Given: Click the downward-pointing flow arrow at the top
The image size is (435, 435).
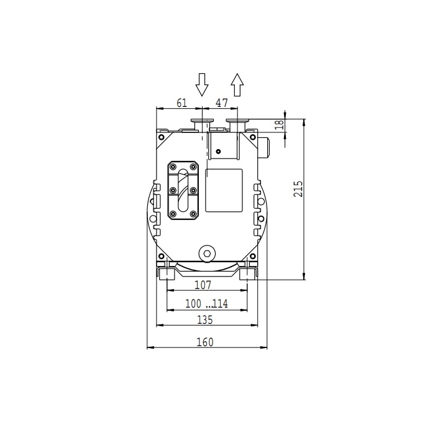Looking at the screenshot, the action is [202, 85].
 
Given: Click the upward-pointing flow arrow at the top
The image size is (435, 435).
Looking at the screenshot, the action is [237, 85].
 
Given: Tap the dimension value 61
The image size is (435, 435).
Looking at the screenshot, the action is [181, 103].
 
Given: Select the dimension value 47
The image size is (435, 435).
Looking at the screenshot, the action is [222, 103].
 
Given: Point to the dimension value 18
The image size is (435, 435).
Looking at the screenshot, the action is [280, 124].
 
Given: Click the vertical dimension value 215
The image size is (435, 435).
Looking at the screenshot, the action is [298, 189].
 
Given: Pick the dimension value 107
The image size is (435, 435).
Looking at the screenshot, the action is [203, 285].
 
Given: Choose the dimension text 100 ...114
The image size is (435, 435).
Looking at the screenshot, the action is [206, 303].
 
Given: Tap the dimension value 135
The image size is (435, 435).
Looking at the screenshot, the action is [204, 320].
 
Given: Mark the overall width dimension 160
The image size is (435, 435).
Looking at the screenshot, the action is [205, 342].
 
